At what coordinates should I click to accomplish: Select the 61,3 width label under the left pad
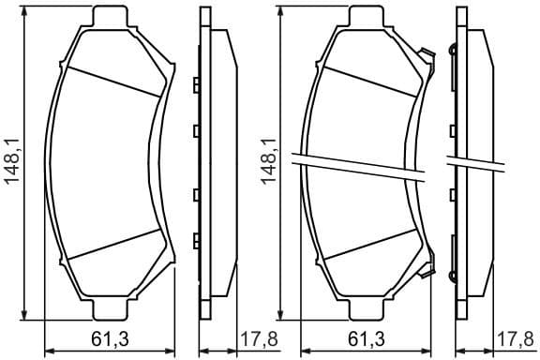coord(111,339)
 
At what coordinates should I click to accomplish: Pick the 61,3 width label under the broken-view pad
coord(367,339)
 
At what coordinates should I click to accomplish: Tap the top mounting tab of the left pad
coord(112,17)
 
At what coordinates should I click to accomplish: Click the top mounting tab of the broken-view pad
coord(368,17)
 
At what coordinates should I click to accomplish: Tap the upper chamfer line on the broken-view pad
coord(367,81)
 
